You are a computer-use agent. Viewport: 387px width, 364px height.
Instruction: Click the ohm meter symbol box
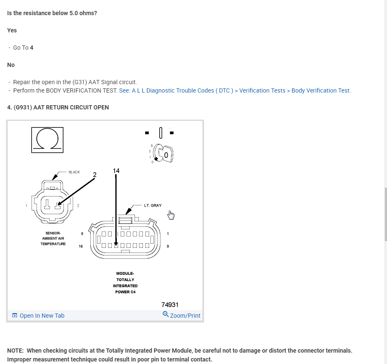47,139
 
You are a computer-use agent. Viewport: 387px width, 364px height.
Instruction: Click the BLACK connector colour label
74,172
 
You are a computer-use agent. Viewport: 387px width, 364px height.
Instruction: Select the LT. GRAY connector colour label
153,206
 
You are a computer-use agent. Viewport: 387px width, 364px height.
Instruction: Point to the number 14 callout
116,170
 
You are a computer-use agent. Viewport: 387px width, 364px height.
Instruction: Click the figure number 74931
170,305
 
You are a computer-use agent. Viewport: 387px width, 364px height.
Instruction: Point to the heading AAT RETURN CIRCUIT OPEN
58,107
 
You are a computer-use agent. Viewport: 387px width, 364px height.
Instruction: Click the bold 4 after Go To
32,48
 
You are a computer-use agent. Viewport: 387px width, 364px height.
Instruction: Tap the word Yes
12,30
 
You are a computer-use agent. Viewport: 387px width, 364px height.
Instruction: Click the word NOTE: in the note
16,350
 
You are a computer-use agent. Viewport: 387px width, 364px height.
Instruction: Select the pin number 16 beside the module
81,246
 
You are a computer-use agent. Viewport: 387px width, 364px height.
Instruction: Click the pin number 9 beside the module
168,246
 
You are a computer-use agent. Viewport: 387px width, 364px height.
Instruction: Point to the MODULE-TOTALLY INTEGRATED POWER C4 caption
125,282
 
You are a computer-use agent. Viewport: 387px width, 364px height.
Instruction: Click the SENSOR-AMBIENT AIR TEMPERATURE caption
53,238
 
